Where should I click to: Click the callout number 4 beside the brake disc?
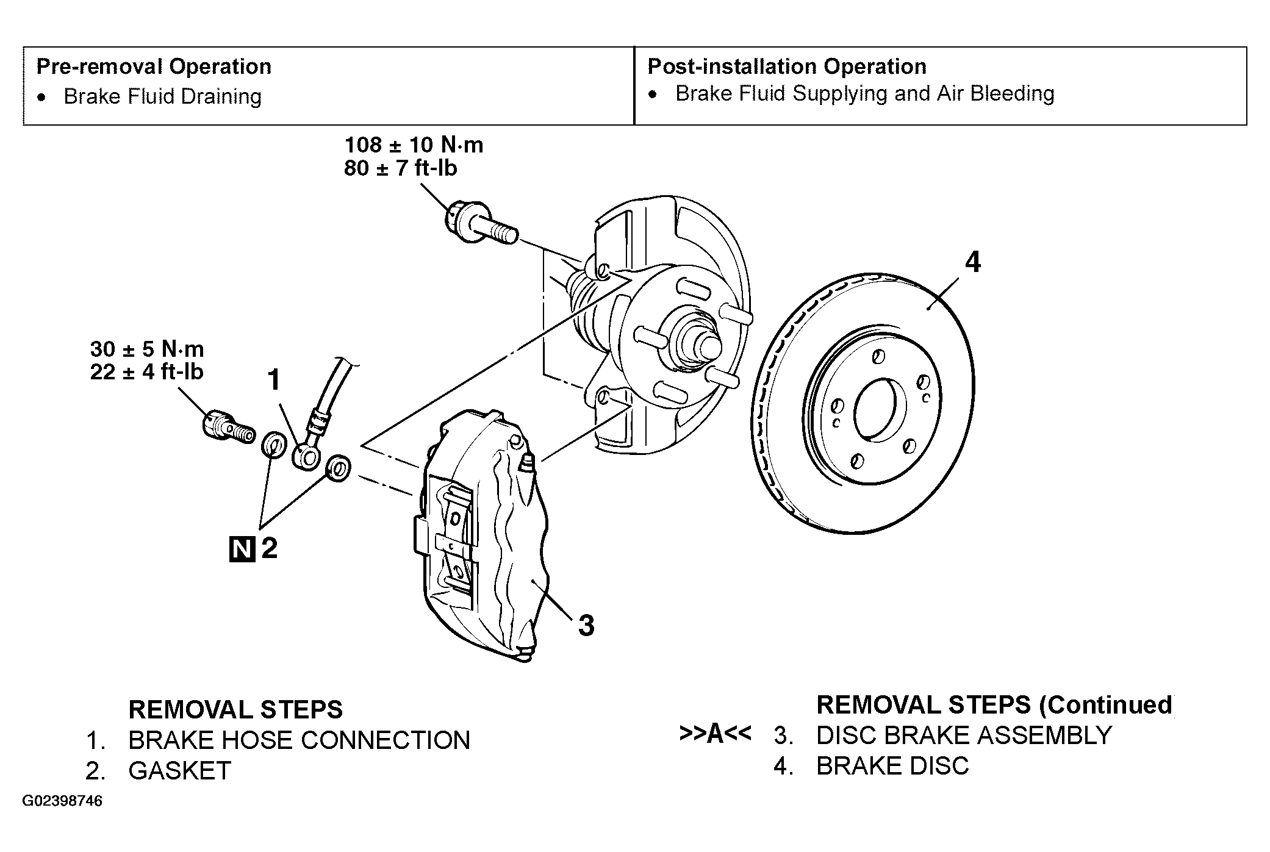(x=972, y=262)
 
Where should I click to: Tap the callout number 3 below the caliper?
(x=586, y=626)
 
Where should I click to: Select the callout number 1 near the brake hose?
(x=274, y=380)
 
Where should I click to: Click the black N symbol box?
(x=242, y=549)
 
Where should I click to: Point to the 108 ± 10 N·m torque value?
(x=414, y=145)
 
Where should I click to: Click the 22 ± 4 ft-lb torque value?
(x=147, y=372)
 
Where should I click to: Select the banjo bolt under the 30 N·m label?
(x=228, y=426)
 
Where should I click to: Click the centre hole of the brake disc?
(x=876, y=409)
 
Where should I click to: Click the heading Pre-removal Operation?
(x=154, y=66)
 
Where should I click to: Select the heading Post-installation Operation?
(x=787, y=66)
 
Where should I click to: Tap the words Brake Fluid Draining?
(x=163, y=96)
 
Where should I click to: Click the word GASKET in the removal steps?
(x=180, y=771)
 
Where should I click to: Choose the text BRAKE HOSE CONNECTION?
(x=300, y=740)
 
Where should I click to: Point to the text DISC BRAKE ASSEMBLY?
(x=964, y=736)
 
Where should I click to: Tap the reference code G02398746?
(x=63, y=801)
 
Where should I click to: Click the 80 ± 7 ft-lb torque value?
(x=401, y=168)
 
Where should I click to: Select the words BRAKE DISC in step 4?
(x=892, y=766)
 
